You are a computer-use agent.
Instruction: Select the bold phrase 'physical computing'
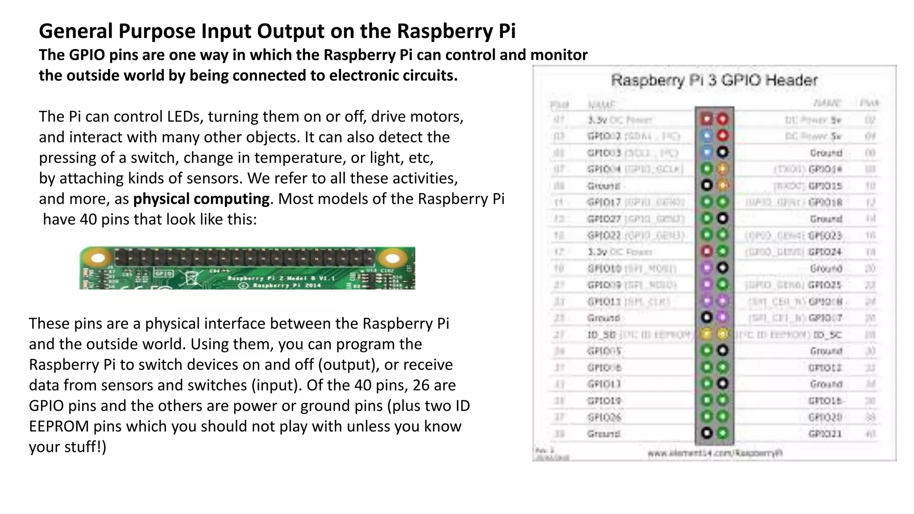201,199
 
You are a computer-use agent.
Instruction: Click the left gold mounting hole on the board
98,258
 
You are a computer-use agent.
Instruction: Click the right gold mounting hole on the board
393,258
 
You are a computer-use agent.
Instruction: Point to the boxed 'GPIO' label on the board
163,273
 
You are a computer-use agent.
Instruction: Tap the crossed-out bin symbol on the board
191,278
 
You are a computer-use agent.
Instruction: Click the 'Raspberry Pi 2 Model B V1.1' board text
281,278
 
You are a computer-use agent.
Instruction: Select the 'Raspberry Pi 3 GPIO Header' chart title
714,81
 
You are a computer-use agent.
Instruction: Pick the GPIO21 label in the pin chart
825,434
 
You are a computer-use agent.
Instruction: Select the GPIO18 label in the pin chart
825,202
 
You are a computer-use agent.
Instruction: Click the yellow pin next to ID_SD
706,334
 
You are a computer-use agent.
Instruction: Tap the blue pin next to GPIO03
707,153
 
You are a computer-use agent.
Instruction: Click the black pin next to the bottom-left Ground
706,433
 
